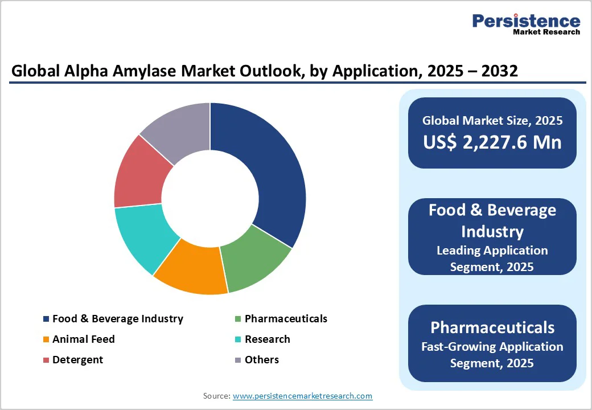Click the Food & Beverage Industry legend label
(x=117, y=319)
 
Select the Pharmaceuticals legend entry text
(x=286, y=319)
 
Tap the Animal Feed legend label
(x=83, y=339)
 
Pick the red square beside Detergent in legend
(x=46, y=360)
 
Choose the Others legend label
(x=261, y=360)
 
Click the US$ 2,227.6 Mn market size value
(x=492, y=142)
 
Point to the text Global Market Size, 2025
(x=492, y=121)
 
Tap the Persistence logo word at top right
(x=526, y=22)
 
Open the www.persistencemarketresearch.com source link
(x=302, y=396)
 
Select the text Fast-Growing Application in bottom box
(x=492, y=346)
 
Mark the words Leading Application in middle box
(x=492, y=251)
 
